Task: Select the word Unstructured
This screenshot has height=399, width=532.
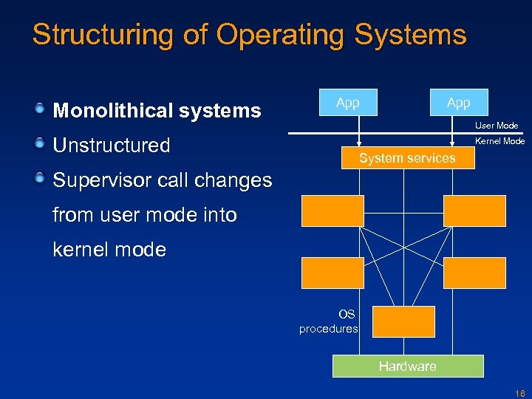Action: pos(112,146)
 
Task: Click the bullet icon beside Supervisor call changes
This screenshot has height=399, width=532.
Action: pos(41,177)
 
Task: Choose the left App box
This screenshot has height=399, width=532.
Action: pos(347,103)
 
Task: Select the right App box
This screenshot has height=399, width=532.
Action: pos(458,103)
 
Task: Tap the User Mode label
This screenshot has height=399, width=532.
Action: pos(497,126)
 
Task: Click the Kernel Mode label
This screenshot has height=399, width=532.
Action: pos(499,140)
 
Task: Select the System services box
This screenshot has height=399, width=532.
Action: pos(407,158)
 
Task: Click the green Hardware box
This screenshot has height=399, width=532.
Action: pos(407,366)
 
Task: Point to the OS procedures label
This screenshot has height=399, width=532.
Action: pos(329,322)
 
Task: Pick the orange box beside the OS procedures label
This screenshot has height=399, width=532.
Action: pos(403,321)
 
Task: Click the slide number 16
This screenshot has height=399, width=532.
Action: pos(520,393)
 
